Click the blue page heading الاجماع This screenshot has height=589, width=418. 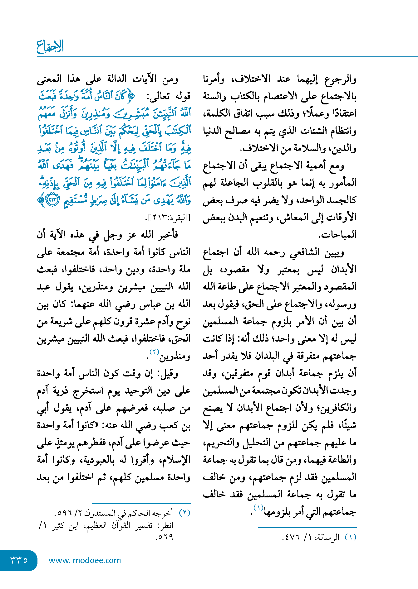pos(50,46)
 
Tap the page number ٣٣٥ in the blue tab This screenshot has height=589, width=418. pos(19,560)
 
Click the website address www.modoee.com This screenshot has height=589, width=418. pos(85,560)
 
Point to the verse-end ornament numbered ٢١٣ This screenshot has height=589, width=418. pos(53,200)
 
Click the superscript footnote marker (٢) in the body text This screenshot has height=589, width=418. pos(154,352)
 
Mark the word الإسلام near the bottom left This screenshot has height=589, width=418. pos(176,460)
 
